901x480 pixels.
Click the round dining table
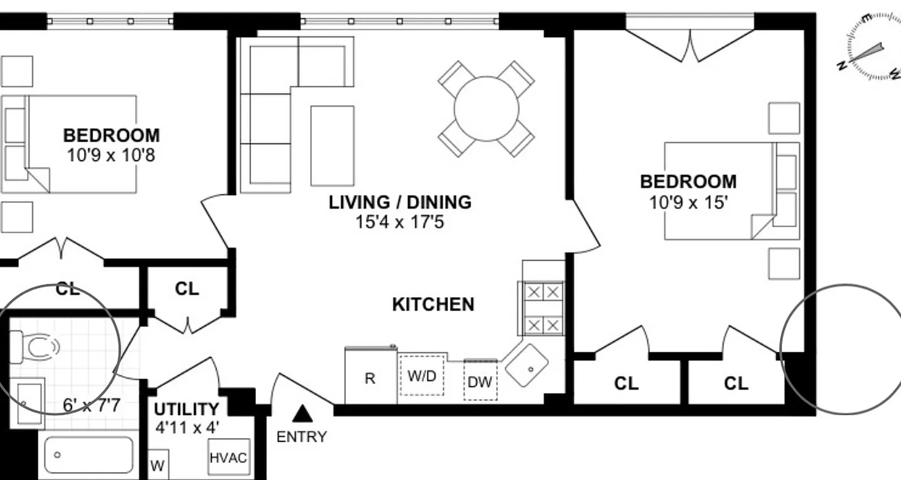click(486, 109)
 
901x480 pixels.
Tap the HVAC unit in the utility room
click(228, 458)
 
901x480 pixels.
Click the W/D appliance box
click(422, 375)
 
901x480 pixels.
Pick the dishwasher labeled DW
click(481, 381)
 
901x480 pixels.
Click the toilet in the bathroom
click(36, 347)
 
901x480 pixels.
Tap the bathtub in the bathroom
click(88, 455)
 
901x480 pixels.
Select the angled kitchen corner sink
click(527, 365)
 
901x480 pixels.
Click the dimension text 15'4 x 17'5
click(399, 223)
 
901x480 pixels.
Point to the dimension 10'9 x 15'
click(688, 202)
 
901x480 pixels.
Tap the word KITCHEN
click(433, 304)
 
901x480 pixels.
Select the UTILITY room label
click(186, 410)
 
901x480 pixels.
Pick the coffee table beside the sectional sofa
click(332, 145)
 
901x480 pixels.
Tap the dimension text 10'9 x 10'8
click(111, 156)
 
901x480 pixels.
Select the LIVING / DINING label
click(399, 202)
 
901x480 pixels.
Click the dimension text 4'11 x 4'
click(187, 428)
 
